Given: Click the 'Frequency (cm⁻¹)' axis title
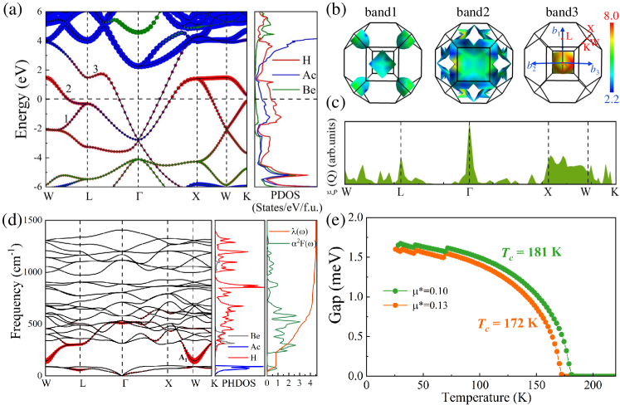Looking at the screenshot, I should click(12, 297).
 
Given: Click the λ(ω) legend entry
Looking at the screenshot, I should click(297, 229).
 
